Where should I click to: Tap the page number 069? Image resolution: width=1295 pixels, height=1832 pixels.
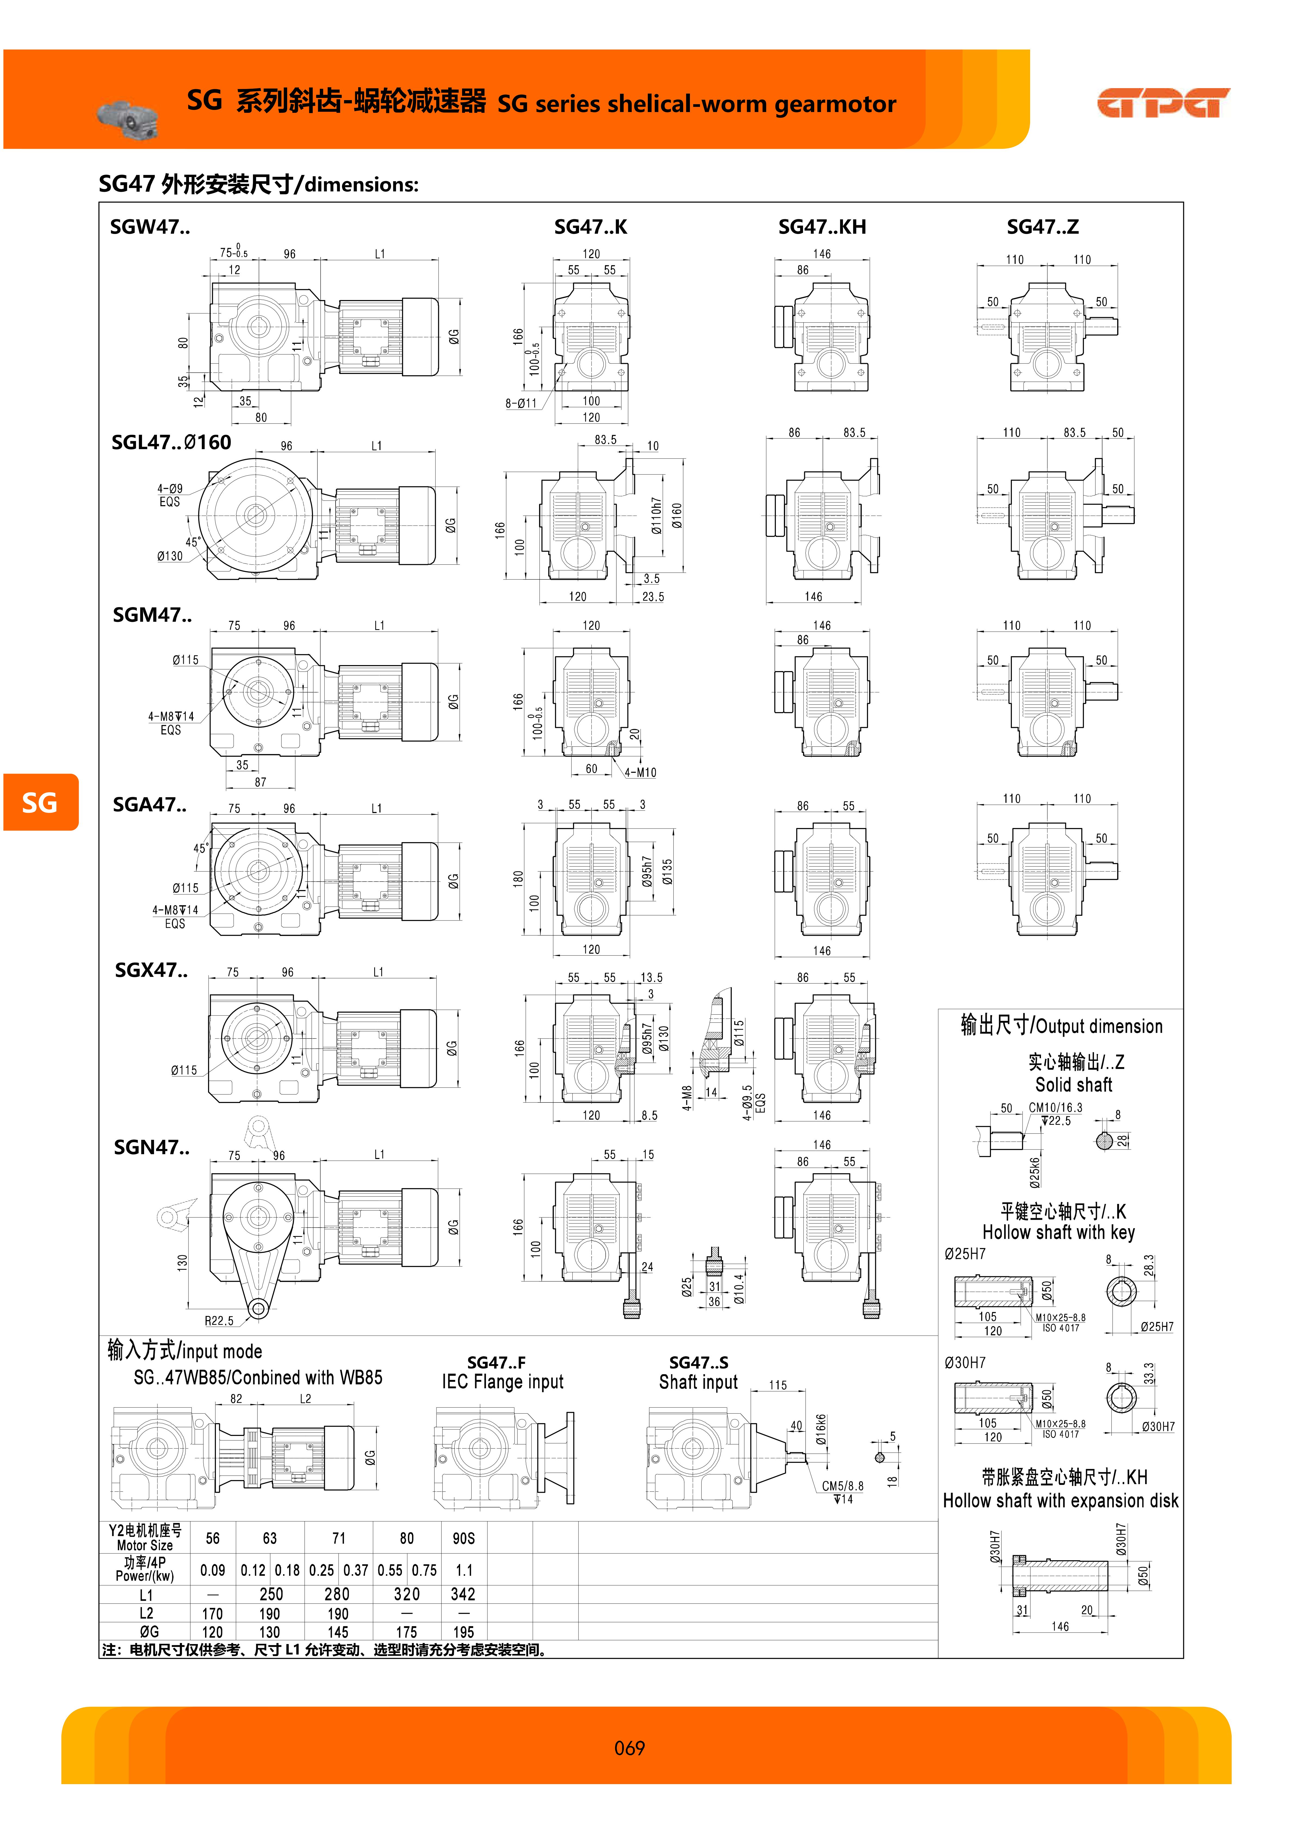point(630,1748)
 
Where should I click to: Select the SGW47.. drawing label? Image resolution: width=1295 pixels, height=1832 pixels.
point(150,227)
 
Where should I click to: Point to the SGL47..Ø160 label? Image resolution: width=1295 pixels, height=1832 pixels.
point(172,443)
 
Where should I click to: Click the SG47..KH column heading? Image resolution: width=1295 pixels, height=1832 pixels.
point(822,227)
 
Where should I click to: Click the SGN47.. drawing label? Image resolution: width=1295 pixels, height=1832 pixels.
point(151,1147)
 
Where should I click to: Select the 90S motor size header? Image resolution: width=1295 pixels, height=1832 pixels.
point(464,1538)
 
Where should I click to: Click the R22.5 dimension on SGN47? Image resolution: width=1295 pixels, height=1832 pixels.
point(219,1321)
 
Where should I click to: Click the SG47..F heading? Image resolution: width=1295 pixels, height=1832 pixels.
point(496,1363)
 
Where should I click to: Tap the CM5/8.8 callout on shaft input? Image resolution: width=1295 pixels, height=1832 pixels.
point(842,1486)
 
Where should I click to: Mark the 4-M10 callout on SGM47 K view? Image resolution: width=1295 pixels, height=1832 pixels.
point(641,772)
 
